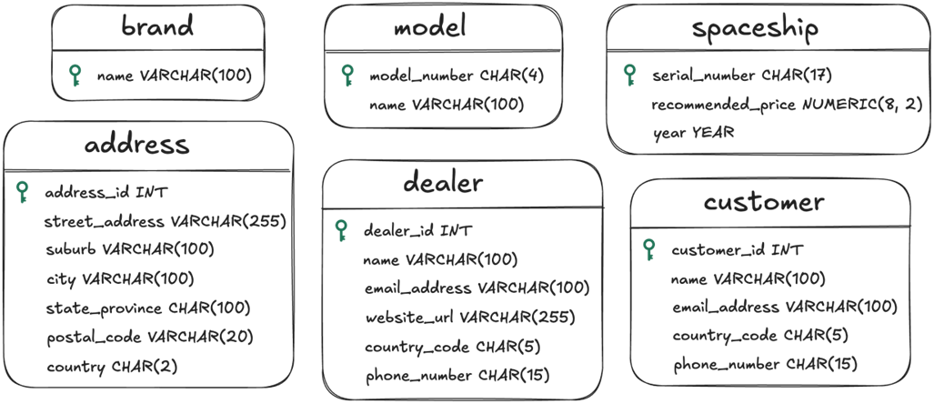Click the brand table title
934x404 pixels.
(x=158, y=25)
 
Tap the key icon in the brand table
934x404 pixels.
(x=75, y=76)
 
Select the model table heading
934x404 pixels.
(x=430, y=26)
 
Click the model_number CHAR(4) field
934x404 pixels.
(x=457, y=76)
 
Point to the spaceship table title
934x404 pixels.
(x=756, y=28)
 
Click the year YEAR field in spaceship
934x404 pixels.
(x=693, y=133)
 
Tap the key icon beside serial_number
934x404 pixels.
(x=629, y=76)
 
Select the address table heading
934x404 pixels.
(x=137, y=144)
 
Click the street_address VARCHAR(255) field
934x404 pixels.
(x=166, y=222)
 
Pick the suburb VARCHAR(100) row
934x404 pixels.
(x=130, y=249)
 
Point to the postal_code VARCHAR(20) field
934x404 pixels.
(x=150, y=338)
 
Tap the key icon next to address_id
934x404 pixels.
(x=22, y=193)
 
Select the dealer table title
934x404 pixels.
(x=443, y=182)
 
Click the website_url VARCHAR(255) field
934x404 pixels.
(x=470, y=317)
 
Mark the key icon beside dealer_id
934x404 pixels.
(x=341, y=230)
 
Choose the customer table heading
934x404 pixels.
(x=764, y=202)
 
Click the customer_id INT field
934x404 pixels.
(x=737, y=250)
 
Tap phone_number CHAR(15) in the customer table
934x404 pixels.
(x=766, y=364)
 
